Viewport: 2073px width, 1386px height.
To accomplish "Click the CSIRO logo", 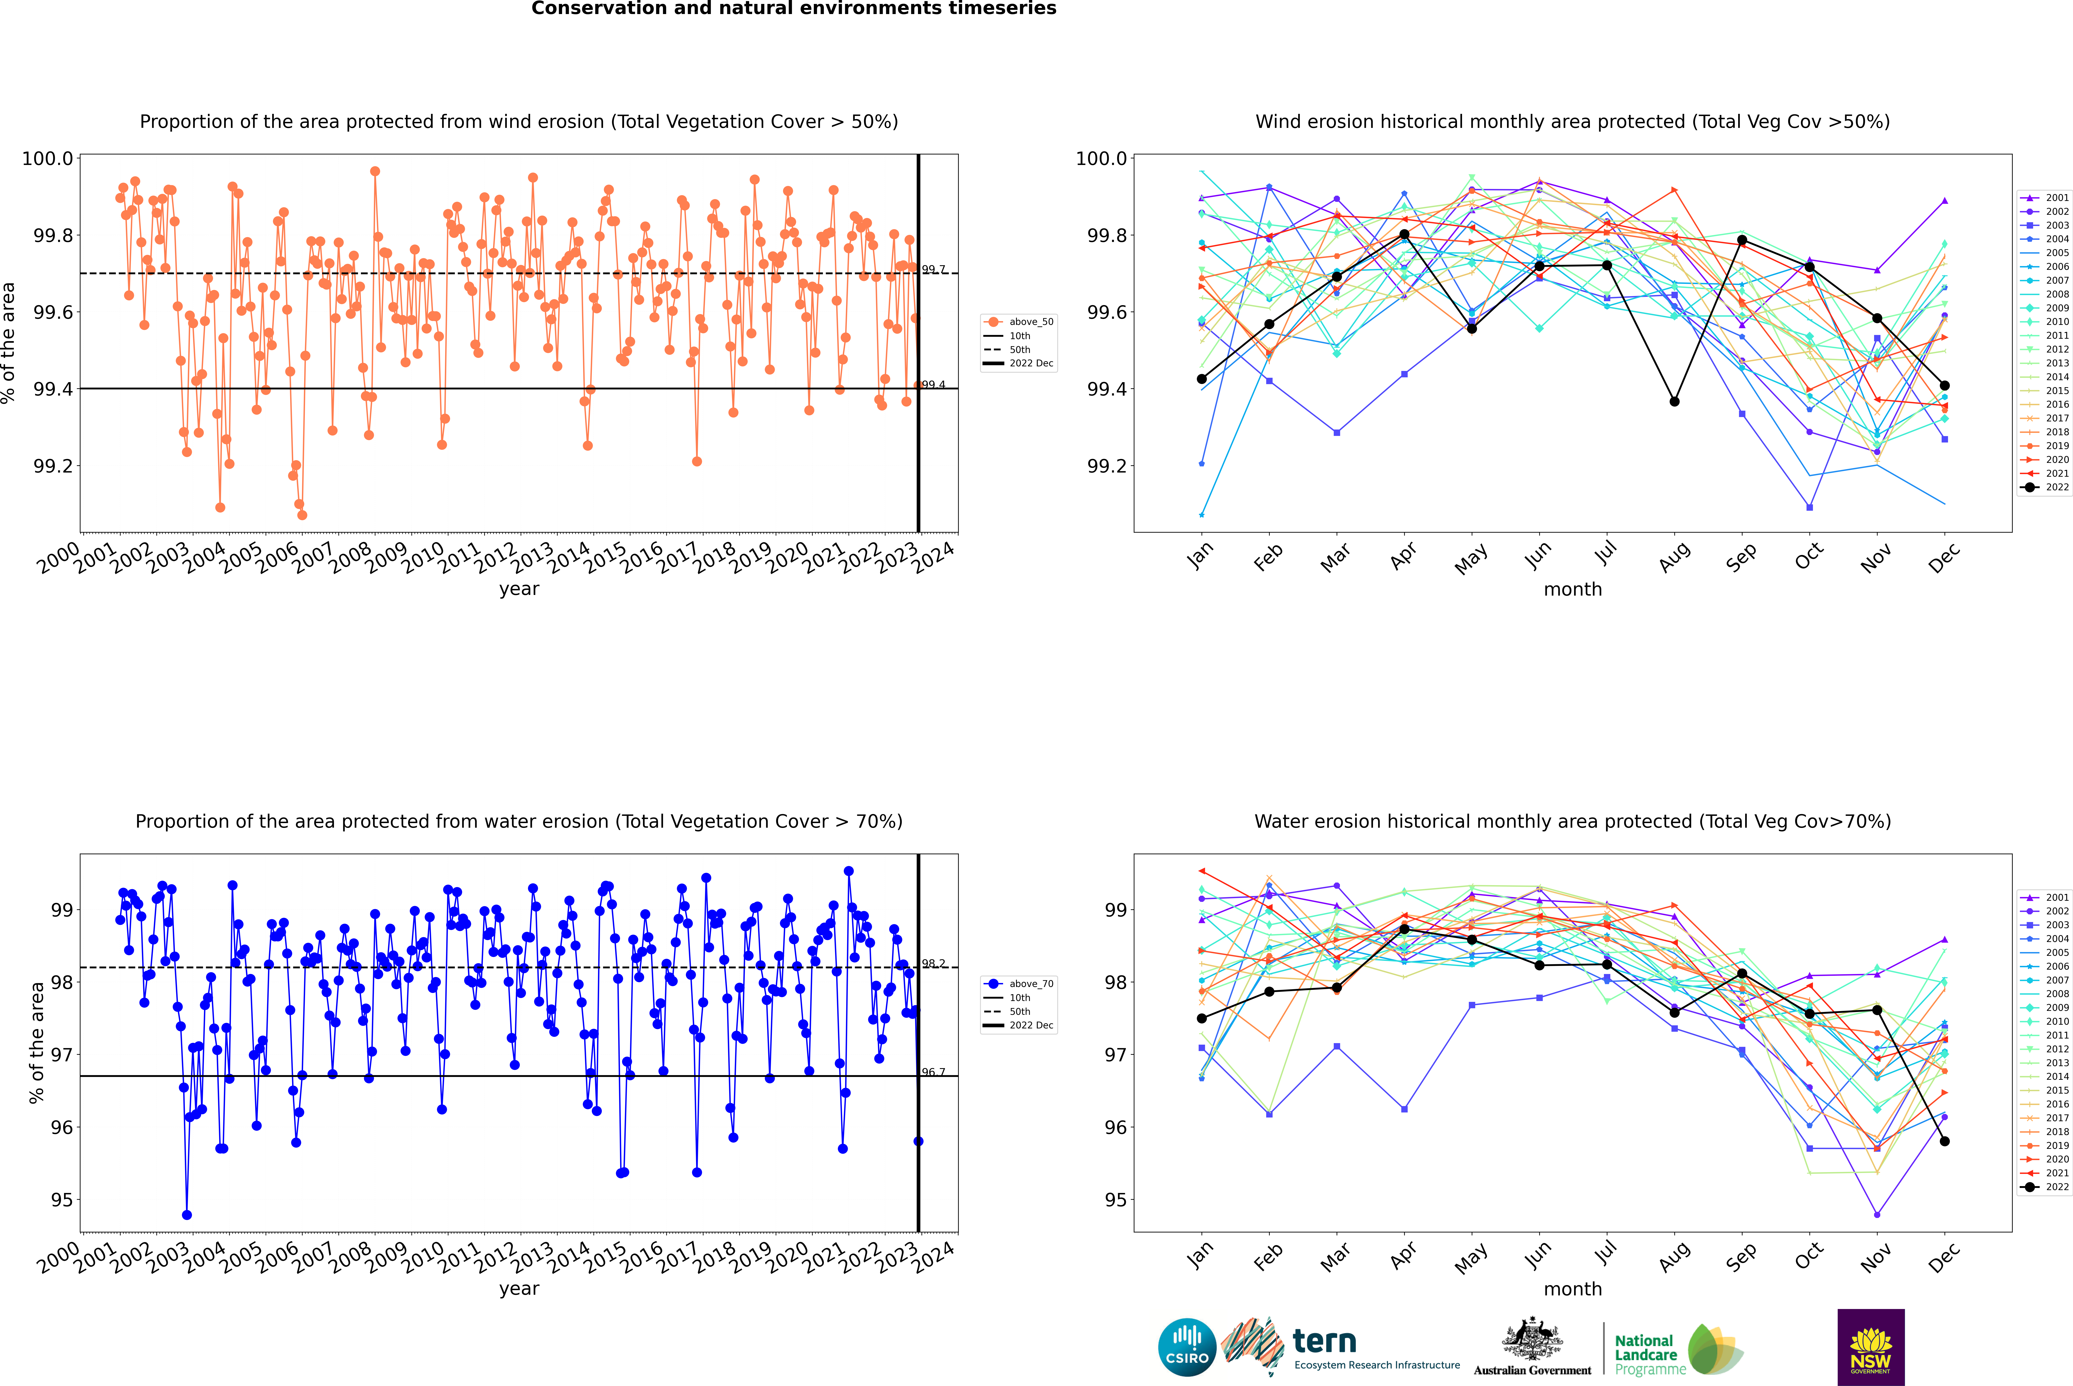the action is coord(1187,1347).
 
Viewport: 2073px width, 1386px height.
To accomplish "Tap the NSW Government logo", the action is coord(1871,1347).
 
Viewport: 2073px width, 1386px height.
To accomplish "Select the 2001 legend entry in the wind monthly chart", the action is coord(2044,198).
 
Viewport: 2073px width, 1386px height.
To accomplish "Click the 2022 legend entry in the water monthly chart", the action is coord(2044,1187).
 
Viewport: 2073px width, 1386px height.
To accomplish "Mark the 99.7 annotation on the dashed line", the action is coord(933,270).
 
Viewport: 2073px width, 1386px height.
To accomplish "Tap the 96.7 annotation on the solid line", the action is coord(933,1072).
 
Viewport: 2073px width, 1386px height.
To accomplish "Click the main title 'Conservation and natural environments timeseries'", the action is coord(793,9).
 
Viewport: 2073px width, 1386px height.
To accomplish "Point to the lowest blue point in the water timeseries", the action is coord(186,1214).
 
